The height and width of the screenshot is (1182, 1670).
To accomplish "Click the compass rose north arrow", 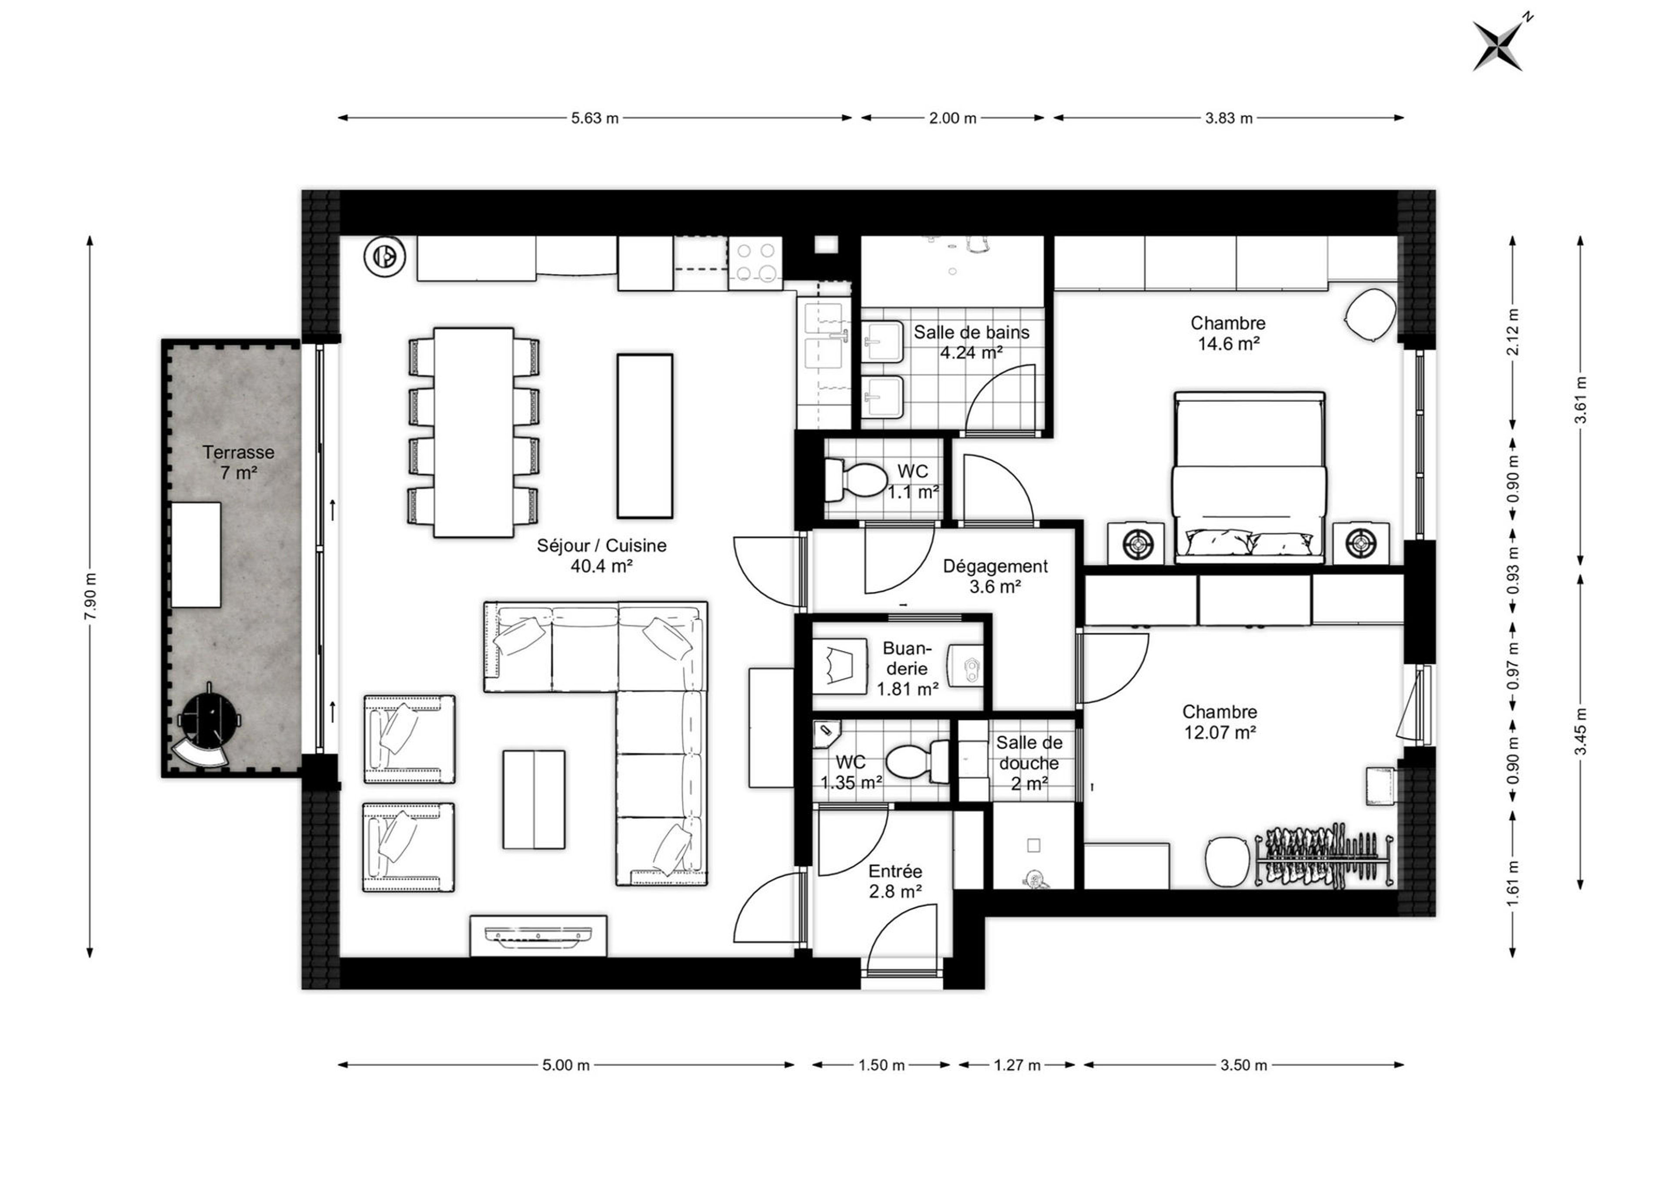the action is [x=1497, y=45].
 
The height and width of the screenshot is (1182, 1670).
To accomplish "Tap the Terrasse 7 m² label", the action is [x=239, y=462].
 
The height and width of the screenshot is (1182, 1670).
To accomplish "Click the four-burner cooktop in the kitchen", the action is [x=755, y=261].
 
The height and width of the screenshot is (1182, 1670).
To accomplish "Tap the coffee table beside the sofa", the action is [x=533, y=799].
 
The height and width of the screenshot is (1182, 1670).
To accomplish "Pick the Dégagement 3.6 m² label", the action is [x=995, y=576].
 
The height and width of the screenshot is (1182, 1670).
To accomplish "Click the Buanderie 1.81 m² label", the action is [x=907, y=668].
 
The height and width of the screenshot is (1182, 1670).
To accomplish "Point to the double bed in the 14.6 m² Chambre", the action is [x=1249, y=478].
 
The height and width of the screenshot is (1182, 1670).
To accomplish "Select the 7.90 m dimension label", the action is [x=90, y=596].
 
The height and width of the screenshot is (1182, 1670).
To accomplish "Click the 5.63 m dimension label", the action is [x=595, y=118].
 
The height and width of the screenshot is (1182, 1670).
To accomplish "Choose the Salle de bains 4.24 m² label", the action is [x=972, y=342].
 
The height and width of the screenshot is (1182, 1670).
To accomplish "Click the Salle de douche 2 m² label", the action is [x=1029, y=763].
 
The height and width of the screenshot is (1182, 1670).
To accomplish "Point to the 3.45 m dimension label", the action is [x=1580, y=731].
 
